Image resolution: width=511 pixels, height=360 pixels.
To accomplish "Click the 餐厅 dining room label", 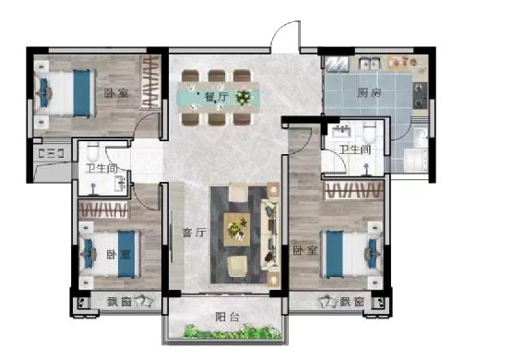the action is pyautogui.click(x=216, y=97).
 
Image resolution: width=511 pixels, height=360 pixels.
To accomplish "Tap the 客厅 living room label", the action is pyautogui.click(x=195, y=233).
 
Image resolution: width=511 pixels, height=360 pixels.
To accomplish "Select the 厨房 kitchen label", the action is pyautogui.click(x=369, y=93).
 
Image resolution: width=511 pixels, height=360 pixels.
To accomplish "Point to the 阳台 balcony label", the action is pyautogui.click(x=228, y=317).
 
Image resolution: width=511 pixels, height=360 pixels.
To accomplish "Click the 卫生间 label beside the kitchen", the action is pyautogui.click(x=355, y=150).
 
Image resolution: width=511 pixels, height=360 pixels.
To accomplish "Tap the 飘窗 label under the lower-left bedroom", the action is pyautogui.click(x=119, y=302).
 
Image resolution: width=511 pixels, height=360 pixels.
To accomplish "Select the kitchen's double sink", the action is pyautogui.click(x=370, y=63).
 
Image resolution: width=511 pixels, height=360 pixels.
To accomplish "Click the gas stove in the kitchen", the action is pyautogui.click(x=420, y=95).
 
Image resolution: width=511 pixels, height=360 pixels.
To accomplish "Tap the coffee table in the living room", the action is pyautogui.click(x=237, y=230).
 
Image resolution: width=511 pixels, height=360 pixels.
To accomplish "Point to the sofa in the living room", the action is pyautogui.click(x=270, y=232).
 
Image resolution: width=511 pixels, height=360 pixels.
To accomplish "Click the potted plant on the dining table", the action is pyautogui.click(x=243, y=97).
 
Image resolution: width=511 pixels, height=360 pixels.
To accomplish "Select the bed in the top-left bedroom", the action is pyautogui.click(x=65, y=93).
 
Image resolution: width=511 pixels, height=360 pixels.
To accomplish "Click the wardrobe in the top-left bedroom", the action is pyautogui.click(x=150, y=82).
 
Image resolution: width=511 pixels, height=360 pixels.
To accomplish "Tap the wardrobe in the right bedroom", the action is pyautogui.click(x=353, y=190).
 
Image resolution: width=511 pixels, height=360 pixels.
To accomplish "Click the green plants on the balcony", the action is pyautogui.click(x=232, y=331).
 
